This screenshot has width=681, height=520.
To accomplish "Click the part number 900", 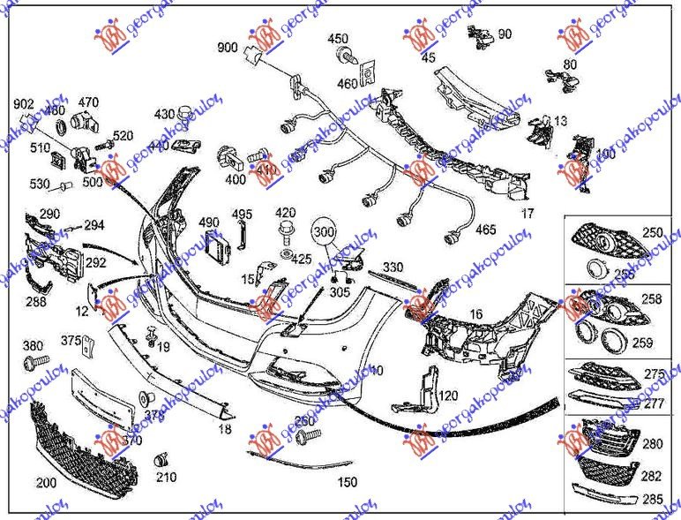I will point(228,47).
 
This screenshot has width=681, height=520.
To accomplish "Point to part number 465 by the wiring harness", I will point(485,230).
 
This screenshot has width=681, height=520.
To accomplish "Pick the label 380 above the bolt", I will point(33,345).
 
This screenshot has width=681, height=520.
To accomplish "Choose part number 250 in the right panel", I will point(652,233).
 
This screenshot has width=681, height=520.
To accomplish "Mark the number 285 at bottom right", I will point(652,500).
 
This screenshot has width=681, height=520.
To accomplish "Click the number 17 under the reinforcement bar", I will point(527,214).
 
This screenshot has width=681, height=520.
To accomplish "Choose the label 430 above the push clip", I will point(165,115).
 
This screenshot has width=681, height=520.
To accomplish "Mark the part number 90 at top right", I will point(505,34).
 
